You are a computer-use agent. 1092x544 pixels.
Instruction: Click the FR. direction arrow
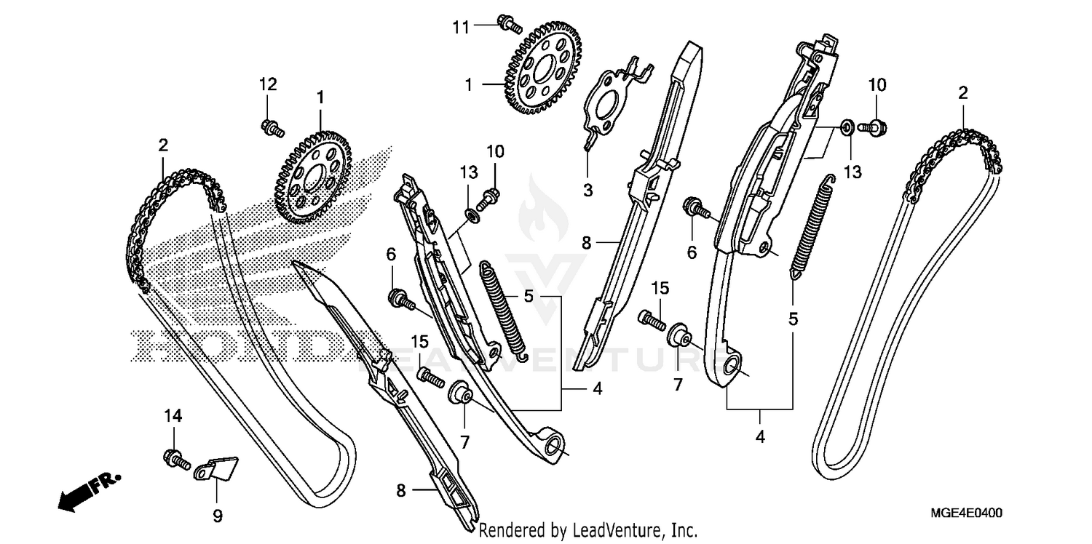point(88,490)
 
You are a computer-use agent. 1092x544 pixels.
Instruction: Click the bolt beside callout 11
point(510,24)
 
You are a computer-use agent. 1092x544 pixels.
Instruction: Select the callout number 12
point(268,84)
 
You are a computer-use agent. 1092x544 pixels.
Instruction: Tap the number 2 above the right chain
point(963,92)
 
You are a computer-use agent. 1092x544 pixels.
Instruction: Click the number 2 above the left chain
point(162,145)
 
